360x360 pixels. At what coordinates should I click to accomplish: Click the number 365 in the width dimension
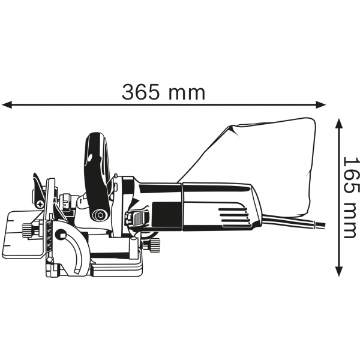[140, 92]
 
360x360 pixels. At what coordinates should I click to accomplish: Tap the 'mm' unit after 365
[187, 94]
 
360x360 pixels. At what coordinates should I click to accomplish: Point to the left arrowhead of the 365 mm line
[7, 104]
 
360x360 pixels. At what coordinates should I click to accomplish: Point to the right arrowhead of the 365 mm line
[320, 104]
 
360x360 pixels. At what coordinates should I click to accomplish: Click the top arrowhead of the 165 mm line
[339, 124]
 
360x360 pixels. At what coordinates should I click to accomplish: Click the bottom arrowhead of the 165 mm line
[339, 271]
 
